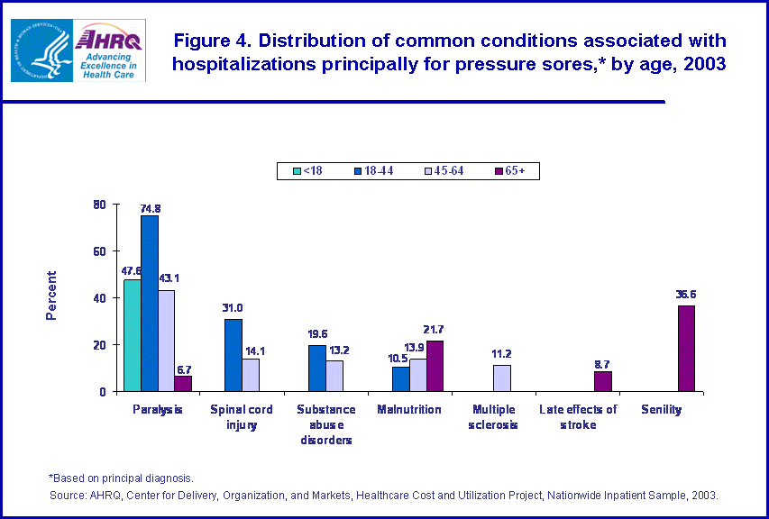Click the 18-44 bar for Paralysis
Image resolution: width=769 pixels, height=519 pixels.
149,304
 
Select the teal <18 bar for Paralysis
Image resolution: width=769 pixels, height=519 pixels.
132,335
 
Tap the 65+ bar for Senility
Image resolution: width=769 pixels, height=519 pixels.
686,349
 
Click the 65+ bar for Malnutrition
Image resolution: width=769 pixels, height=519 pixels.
435,366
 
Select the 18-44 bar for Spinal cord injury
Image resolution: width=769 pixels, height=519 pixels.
233,355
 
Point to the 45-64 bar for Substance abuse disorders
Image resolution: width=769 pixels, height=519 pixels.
334,376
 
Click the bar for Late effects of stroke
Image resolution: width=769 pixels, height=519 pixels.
602,381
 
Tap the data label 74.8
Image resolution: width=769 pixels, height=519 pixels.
149,208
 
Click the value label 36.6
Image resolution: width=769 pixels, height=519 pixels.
687,293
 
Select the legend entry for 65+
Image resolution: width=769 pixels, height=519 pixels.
513,170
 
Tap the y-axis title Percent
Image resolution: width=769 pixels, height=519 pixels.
51,296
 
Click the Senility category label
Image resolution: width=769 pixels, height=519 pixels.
661,410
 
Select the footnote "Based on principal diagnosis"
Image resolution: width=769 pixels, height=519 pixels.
121,478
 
